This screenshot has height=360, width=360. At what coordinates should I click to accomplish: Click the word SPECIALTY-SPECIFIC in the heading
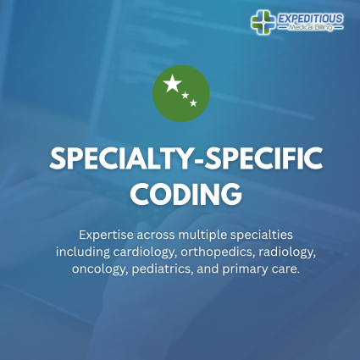coord(180,158)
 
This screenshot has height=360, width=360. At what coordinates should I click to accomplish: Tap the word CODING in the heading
coord(180,192)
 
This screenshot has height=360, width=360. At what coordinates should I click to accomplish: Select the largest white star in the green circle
coord(173,84)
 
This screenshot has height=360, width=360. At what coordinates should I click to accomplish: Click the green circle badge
coord(180,92)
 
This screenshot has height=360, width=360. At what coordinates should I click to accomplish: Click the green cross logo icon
coord(263,21)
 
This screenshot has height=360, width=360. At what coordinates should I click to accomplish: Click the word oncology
coord(98,269)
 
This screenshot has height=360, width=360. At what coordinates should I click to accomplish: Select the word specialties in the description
coord(254,233)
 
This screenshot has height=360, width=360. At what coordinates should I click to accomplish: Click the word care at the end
coord(291,269)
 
